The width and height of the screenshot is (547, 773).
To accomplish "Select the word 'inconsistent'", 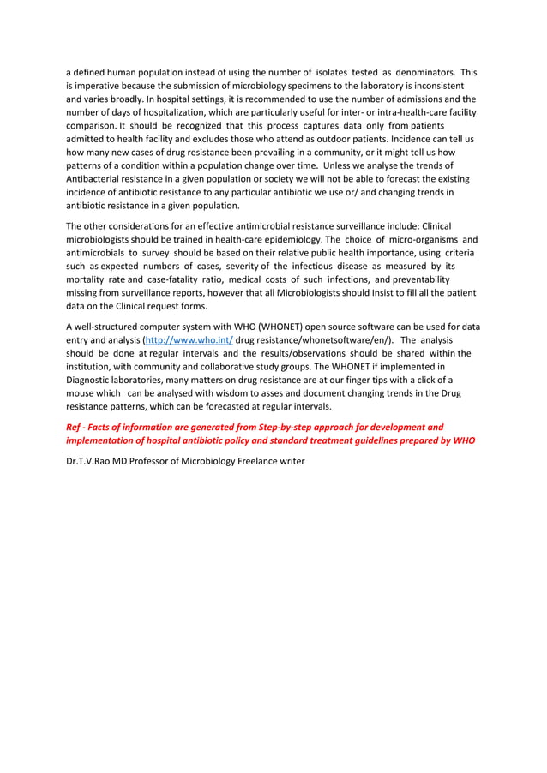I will pyautogui.click(x=435, y=86).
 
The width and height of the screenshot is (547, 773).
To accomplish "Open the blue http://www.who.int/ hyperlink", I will pyautogui.click(x=184, y=340).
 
